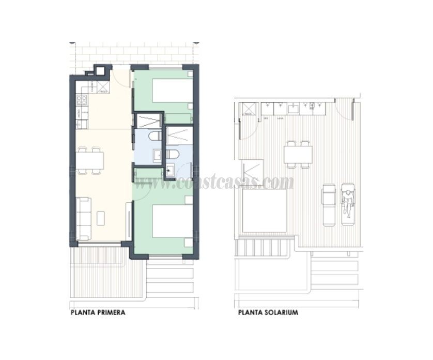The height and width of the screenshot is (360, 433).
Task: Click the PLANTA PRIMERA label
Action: pos(98,312)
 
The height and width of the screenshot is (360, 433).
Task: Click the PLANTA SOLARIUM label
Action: pos(268,312)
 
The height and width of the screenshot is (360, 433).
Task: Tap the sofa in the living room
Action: pos(83,218)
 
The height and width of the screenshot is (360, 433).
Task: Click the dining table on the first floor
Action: pos(90,160)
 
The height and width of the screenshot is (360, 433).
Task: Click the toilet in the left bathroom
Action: pos(153,136)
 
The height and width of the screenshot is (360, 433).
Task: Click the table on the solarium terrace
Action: pos(298,154)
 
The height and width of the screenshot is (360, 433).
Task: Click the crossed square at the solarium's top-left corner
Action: pos(249,108)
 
